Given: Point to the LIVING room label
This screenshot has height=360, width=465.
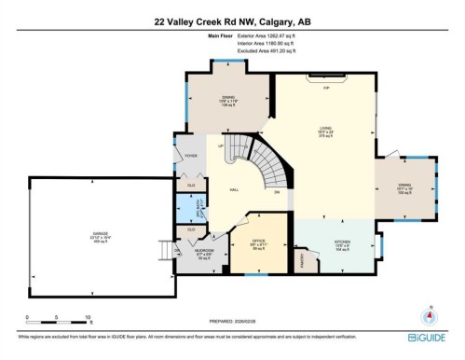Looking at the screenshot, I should point(326,130).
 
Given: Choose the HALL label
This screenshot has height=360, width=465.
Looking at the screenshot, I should point(237,188).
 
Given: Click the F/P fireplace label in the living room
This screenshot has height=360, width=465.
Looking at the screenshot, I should point(326,88).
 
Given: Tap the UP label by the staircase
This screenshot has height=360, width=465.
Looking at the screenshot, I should point(221,145).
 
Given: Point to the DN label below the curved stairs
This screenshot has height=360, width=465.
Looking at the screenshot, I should point(277,192).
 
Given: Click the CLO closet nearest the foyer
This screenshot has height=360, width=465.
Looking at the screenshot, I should point(192,185).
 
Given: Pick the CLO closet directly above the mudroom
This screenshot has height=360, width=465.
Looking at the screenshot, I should point(192,228).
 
